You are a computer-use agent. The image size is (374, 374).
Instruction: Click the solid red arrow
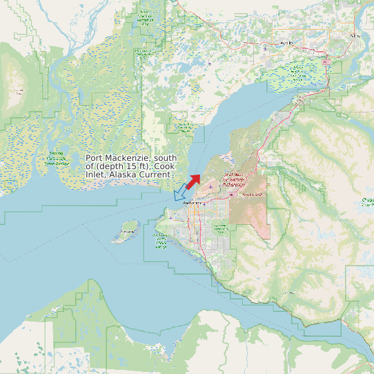[x=193, y=181]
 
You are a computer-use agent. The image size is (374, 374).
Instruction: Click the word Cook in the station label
[x=164, y=166]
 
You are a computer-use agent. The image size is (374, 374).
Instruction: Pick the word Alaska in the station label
[x=122, y=175]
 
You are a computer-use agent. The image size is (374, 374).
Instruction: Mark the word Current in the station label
[x=154, y=175]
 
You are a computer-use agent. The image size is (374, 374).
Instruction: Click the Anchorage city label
[x=192, y=203]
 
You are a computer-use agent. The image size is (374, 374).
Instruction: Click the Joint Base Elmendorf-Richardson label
[x=233, y=181]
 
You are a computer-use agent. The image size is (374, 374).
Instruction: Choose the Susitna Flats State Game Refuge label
[x=57, y=159]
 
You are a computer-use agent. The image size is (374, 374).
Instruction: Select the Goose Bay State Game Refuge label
[x=185, y=127]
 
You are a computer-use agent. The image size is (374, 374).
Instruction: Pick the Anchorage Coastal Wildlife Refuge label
[x=161, y=241]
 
